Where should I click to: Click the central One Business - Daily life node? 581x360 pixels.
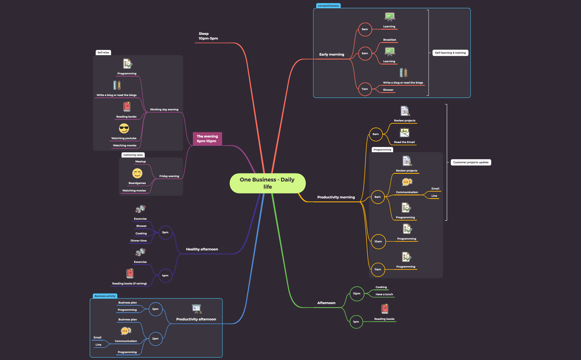pos(268,183)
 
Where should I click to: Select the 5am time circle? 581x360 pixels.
pos(365,29)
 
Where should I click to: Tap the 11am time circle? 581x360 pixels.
pos(378,270)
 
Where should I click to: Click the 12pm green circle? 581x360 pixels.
pos(357,294)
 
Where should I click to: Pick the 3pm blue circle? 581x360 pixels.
pos(155,309)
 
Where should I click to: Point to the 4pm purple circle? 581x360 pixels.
pos(165,276)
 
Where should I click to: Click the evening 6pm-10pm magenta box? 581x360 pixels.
pos(207,139)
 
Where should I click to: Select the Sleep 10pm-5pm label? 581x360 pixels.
pos(208,36)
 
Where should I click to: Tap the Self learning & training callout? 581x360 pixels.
pos(450,53)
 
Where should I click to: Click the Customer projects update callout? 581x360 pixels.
pos(471,162)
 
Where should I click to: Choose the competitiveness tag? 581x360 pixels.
pos(328,6)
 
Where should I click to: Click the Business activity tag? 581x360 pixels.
pos(105,296)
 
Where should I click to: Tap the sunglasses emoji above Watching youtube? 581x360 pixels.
pos(124,128)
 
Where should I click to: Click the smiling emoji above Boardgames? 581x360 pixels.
pos(137,173)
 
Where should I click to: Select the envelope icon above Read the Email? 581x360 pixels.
pos(404,133)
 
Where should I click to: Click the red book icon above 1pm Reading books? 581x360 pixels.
pos(385,309)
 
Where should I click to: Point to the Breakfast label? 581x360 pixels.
pos(390,40)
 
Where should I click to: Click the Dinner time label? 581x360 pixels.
pos(139,241)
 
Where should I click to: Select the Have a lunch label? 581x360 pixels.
pos(384,294)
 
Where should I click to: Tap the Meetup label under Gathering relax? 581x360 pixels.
pos(141,162)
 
